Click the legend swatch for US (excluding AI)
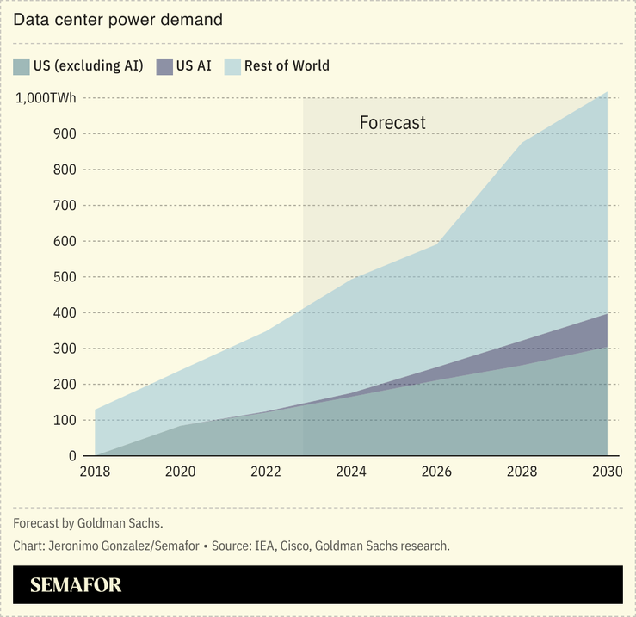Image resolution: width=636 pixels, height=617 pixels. click(22, 66)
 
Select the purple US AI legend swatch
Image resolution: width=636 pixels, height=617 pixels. click(164, 66)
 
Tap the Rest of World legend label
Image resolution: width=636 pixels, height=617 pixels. click(287, 66)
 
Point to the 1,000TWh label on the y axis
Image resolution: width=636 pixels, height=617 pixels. click(46, 98)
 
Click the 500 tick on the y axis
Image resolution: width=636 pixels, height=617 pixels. click(64, 277)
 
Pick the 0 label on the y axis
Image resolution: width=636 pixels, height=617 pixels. click(71, 456)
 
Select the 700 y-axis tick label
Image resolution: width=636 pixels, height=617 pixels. click(64, 206)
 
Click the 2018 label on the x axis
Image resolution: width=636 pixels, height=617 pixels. click(95, 472)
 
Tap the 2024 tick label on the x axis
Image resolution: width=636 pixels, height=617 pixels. click(351, 472)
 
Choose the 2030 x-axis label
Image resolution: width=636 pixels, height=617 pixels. click(607, 472)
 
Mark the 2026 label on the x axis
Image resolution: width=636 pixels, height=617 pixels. click(436, 472)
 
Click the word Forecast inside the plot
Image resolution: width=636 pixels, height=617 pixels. click(392, 123)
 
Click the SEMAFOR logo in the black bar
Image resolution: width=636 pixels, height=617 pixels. click(76, 585)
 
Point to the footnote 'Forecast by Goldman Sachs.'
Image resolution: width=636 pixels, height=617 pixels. click(88, 523)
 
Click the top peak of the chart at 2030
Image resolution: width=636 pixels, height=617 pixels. click(607, 92)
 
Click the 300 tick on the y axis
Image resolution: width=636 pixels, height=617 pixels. click(64, 349)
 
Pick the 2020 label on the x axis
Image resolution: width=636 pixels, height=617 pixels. click(180, 472)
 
